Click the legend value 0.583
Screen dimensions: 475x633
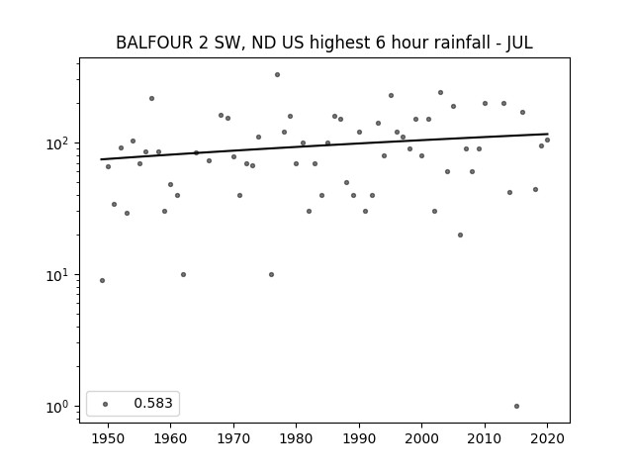coord(153,403)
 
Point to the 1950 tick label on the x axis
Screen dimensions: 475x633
coord(108,438)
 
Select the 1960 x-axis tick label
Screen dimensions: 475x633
coord(170,438)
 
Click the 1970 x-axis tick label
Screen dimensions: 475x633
coord(233,438)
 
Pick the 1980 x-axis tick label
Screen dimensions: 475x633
coord(296,438)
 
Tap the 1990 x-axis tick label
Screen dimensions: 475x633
coord(359,438)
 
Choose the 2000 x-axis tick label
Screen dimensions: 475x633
coord(421,438)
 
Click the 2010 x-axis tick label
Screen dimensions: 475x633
coord(485,438)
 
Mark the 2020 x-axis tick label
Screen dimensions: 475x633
coord(547,438)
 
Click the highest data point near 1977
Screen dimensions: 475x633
coord(277,74)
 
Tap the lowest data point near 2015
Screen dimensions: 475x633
coord(516,406)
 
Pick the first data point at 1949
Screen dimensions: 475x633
coord(102,280)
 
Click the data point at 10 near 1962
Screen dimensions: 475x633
coord(183,274)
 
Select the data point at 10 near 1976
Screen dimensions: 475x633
coord(271,274)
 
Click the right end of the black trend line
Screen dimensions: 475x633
coord(547,134)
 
